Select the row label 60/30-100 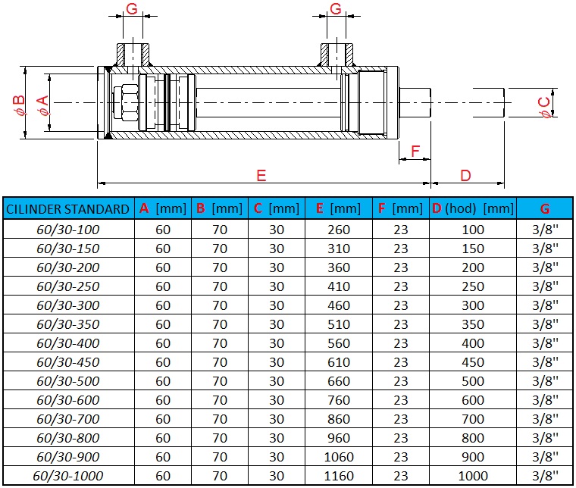coord(68,230)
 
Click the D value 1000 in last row coord(473,476)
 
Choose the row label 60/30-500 coord(68,381)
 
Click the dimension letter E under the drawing coord(261,176)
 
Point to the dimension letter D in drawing coord(465,176)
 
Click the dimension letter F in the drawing coord(415,152)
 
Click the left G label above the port coord(131,10)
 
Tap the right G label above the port coord(336,10)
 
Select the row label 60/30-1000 coord(68,476)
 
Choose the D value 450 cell coord(473,362)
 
